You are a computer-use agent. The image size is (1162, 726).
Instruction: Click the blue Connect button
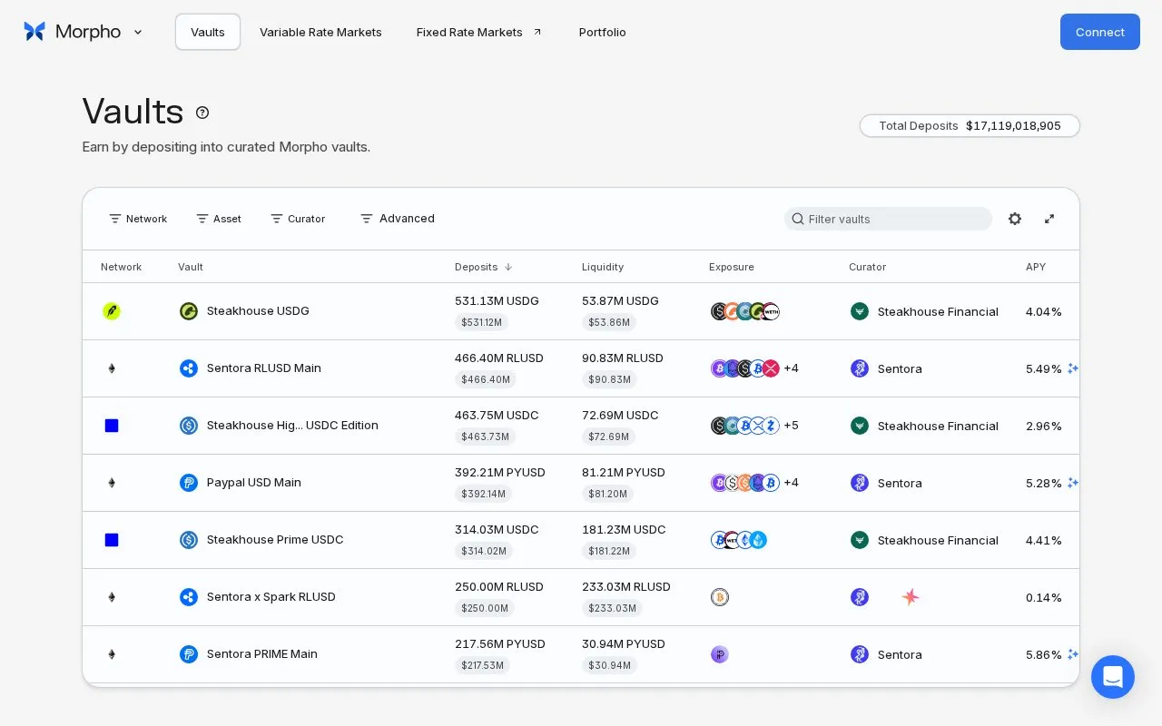[1099, 32]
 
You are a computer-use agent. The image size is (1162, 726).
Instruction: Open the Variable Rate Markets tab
[320, 32]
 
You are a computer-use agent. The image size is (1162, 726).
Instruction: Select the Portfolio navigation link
[602, 32]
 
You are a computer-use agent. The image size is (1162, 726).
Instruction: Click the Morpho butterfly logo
[34, 32]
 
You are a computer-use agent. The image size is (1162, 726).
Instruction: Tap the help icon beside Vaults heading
[202, 113]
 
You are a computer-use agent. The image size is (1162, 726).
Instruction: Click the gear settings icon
[1015, 219]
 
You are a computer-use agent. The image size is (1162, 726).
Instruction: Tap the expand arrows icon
[1049, 219]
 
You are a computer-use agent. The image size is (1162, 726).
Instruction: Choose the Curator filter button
[299, 219]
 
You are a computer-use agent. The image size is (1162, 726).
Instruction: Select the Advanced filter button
[398, 219]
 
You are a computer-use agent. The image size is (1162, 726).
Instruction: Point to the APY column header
[1036, 267]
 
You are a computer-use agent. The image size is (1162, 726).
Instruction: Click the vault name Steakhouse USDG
[258, 310]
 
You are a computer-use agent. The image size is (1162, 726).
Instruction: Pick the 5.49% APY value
[1043, 368]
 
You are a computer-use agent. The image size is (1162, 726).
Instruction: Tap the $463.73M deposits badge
[485, 437]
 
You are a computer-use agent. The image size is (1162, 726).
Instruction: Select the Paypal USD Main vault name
[253, 482]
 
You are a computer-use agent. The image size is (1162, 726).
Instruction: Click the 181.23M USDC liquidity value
[624, 529]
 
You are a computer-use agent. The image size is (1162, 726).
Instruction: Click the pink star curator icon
[910, 597]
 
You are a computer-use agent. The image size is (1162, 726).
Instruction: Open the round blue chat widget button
[1113, 677]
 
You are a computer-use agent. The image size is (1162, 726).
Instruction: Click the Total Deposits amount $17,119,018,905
[1013, 126]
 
